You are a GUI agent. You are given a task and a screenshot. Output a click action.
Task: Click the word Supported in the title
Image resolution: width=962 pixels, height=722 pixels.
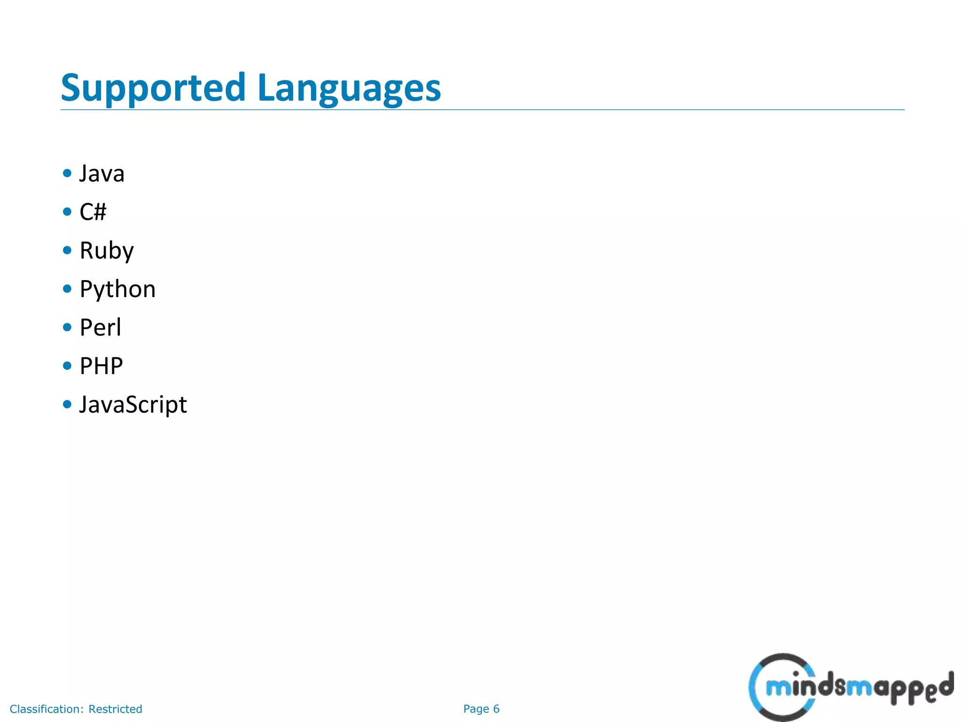tap(153, 88)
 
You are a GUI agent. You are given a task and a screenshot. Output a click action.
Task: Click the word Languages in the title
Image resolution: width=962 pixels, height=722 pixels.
tap(349, 88)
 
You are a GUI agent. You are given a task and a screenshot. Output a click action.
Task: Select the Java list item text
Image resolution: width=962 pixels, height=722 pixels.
tap(102, 173)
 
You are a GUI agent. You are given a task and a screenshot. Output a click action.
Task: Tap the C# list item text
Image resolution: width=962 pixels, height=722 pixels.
tap(93, 212)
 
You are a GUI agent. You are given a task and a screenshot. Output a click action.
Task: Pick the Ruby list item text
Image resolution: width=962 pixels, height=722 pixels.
tap(107, 251)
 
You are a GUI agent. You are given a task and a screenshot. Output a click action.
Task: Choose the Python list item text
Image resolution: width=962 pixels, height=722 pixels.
tap(117, 289)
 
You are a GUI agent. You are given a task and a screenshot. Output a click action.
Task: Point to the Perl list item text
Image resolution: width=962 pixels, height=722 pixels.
tap(101, 328)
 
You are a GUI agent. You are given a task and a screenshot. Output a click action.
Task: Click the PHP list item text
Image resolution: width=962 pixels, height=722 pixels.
tap(101, 366)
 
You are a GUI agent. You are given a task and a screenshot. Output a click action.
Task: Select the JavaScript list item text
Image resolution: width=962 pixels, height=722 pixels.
tap(133, 405)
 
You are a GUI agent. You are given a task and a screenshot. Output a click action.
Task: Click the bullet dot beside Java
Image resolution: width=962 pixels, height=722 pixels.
tap(67, 173)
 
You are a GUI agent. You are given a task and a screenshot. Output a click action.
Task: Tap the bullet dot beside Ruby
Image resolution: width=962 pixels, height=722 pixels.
tap(67, 250)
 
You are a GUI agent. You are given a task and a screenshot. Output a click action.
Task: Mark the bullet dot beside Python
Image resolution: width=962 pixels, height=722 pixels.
tap(67, 289)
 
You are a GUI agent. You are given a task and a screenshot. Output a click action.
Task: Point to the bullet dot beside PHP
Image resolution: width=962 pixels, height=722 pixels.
tap(67, 366)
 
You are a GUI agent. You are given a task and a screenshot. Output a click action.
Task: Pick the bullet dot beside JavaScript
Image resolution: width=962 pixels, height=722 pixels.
tap(67, 404)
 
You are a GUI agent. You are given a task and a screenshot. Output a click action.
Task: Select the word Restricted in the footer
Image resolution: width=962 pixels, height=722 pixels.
tap(115, 709)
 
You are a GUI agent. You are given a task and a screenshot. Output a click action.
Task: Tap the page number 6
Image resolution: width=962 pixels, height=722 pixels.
tap(496, 709)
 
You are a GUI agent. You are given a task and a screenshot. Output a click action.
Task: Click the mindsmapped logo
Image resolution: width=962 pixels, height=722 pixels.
tap(850, 687)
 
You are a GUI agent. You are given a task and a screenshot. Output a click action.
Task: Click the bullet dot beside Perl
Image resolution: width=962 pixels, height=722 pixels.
tap(67, 327)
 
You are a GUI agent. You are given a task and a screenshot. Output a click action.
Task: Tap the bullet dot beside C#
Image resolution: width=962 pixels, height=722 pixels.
tap(67, 212)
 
